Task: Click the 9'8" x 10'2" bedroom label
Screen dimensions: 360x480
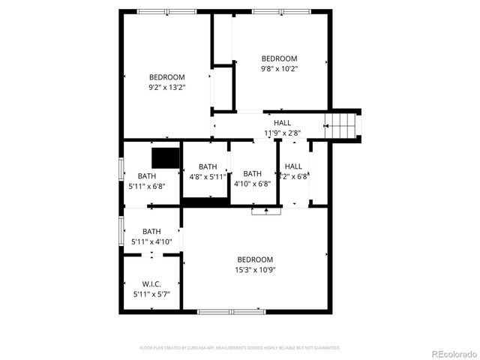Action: [279, 64]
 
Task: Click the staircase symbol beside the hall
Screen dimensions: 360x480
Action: [343, 124]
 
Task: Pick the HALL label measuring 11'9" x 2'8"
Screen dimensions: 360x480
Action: [282, 128]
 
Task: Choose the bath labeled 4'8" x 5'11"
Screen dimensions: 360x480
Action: [208, 172]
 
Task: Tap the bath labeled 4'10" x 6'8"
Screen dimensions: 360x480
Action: [252, 178]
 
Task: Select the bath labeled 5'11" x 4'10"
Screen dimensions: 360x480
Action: [151, 236]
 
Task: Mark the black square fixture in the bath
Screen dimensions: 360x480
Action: [166, 157]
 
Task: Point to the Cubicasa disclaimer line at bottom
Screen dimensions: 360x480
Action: [240, 348]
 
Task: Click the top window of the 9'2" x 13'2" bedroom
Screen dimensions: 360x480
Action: [162, 11]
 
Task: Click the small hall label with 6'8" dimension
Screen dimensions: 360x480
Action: [293, 171]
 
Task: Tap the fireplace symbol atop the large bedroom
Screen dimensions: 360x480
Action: [265, 212]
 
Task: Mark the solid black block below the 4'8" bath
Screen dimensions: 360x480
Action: [205, 202]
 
